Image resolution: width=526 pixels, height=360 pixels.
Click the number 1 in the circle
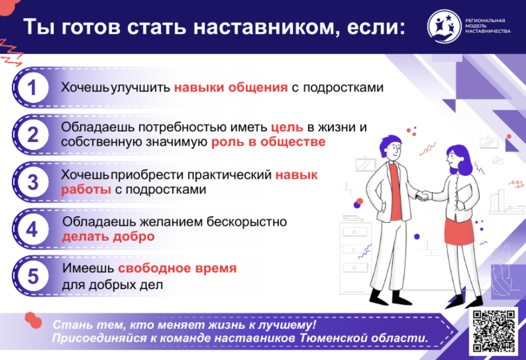(x=32, y=87)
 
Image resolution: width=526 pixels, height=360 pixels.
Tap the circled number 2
(x=32, y=135)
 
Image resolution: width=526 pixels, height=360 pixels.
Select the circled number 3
(x=32, y=182)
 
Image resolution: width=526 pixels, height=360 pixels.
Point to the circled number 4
(x=32, y=229)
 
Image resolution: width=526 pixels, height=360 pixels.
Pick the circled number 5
(x=32, y=276)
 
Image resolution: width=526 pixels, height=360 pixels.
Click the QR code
(x=493, y=331)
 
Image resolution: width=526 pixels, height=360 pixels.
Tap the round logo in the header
(x=444, y=26)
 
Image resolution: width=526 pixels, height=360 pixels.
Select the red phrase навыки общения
(x=231, y=87)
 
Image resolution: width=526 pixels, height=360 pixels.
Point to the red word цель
(x=287, y=128)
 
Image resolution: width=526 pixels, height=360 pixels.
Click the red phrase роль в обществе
(x=268, y=142)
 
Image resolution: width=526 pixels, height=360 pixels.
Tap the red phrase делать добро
(x=108, y=237)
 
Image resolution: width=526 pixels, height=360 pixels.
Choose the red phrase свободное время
(x=178, y=268)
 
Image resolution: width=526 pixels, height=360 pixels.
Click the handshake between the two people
(x=424, y=195)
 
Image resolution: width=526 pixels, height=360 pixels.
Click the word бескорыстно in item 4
(x=246, y=222)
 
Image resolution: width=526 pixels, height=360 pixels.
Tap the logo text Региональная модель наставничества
(x=488, y=26)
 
